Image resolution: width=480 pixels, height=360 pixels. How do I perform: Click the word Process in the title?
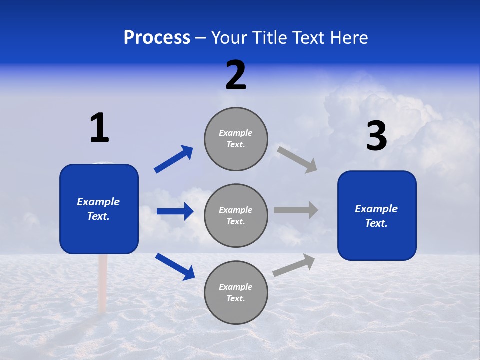coord(157,38)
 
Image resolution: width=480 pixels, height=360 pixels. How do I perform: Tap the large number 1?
coord(99,128)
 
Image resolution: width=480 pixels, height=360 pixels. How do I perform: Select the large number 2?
coord(236,75)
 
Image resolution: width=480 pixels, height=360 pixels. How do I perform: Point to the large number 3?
coord(377,136)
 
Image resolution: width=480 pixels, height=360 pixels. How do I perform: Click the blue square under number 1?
coord(99,209)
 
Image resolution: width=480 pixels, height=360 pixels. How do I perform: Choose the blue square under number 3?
coord(377,215)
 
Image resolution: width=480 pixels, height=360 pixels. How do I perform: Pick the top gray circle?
coord(236,139)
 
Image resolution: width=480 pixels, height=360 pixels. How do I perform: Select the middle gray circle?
coord(236,215)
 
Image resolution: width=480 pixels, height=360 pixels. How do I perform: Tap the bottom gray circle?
coord(236,292)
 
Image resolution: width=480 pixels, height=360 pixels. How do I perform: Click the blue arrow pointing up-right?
coord(173,159)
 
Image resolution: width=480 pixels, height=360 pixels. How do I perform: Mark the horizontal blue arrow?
coord(175,211)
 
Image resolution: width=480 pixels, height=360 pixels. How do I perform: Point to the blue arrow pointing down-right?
coord(175,266)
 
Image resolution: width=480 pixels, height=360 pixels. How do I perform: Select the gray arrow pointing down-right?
coord(297,159)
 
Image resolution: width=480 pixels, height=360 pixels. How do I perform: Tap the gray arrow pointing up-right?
coord(294,265)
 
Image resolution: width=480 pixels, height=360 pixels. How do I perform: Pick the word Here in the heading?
coord(349,38)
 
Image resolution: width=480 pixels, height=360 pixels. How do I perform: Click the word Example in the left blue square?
coord(98,202)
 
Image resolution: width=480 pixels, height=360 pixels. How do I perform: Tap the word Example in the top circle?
coord(235,133)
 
